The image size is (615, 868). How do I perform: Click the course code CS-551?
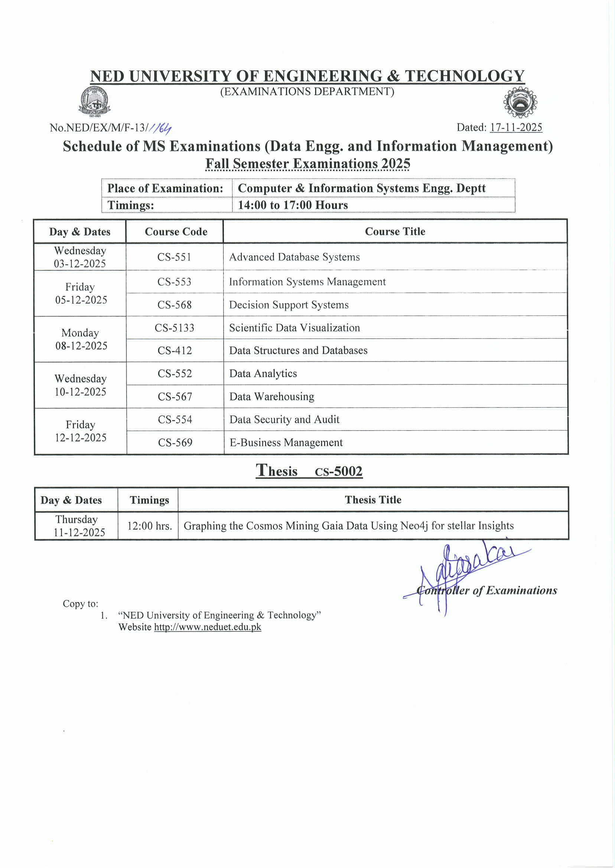point(174,257)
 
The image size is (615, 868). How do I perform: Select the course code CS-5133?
point(174,328)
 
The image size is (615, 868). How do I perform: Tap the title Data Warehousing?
point(271,396)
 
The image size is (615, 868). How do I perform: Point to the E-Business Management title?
point(286,443)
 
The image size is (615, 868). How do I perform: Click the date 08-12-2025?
point(81,346)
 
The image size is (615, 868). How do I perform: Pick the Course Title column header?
point(395,231)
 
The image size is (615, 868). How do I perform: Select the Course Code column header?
point(176,231)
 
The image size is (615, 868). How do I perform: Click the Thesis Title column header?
point(373,500)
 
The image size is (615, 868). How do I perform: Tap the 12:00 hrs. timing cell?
point(150,526)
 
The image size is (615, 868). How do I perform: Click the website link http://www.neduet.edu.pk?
point(208,627)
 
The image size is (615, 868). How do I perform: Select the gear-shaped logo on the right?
point(520,103)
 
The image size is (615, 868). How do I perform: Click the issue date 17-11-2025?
point(516,127)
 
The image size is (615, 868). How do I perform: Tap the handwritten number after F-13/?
point(160,129)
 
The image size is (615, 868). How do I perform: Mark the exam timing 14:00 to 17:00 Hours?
point(293,205)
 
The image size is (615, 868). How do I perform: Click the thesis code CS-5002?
point(339,472)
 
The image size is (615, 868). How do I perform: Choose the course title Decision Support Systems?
point(289,305)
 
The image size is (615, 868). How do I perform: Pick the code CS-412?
point(175,350)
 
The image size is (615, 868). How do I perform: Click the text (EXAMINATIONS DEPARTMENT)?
point(307,92)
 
